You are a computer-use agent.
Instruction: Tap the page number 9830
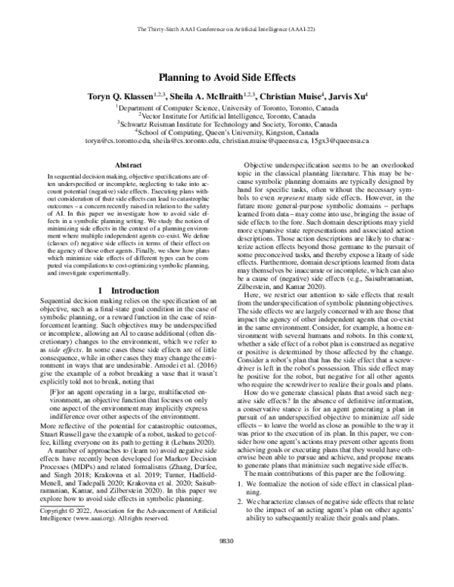click(227, 561)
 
